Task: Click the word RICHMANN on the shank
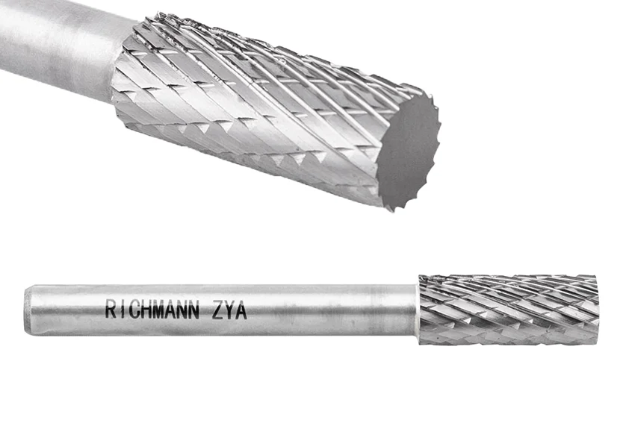tap(152, 310)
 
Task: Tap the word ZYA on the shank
tap(229, 310)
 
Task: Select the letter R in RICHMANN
tap(110, 310)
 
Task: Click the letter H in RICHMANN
tap(142, 310)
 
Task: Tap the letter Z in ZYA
tap(217, 310)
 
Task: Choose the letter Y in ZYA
tap(229, 310)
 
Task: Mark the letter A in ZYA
tap(241, 310)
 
